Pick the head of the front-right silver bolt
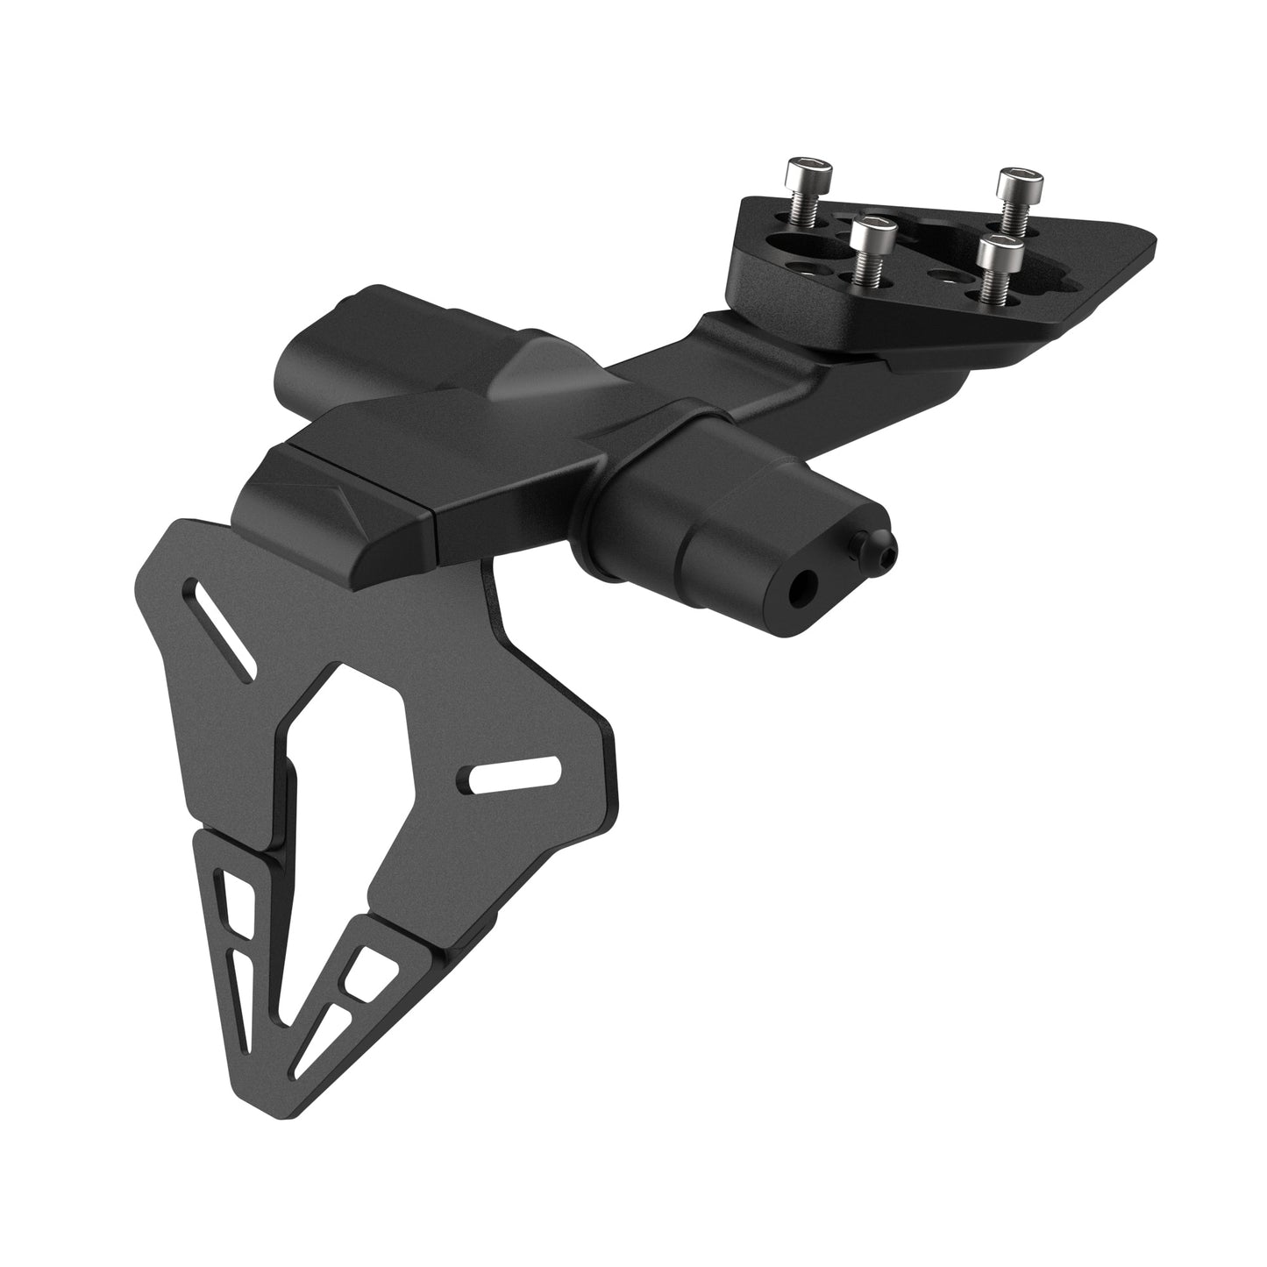(x=1001, y=249)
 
